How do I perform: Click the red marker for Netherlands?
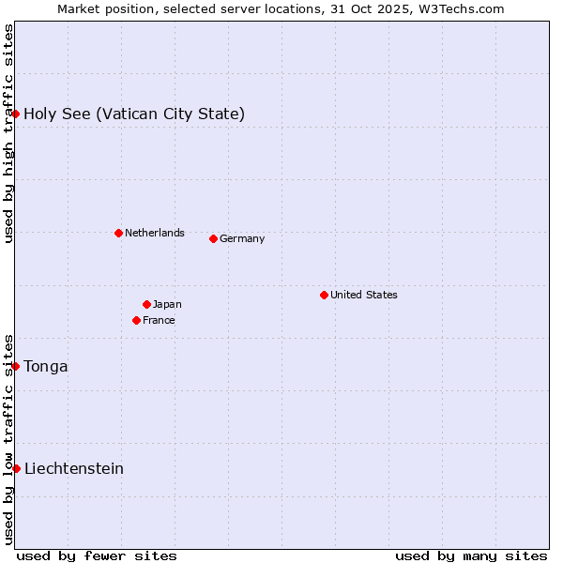[118, 233]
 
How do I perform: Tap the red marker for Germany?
[213, 238]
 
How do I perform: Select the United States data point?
[324, 295]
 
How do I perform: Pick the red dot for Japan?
[146, 304]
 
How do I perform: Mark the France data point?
[137, 320]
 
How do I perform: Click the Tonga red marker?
[16, 366]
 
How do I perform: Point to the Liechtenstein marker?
[16, 468]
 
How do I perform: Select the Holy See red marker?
[16, 114]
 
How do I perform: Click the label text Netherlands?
[155, 233]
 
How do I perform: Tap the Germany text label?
[242, 238]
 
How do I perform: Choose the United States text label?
[364, 295]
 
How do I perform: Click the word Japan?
[167, 304]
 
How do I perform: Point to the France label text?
[159, 320]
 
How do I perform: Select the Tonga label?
[46, 366]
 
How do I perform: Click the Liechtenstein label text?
[74, 468]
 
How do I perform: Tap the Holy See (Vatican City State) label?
[134, 114]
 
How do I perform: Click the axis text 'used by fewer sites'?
[97, 555]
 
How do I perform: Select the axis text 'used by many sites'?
[471, 555]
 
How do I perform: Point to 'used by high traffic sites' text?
[8, 133]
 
